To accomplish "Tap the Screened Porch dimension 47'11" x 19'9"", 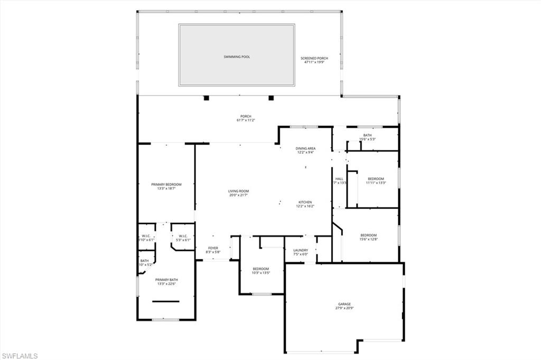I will pos(314,62).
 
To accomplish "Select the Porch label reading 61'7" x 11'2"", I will pos(246,120).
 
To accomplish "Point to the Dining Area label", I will pos(305,148).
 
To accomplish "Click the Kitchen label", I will pos(305,202).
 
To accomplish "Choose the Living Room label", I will pos(238,191).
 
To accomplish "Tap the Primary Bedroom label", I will pos(166,184).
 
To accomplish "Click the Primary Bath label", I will pos(166,280).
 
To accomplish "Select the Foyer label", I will pos(213,248).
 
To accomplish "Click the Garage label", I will pos(344,304).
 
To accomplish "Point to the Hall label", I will pos(339,179).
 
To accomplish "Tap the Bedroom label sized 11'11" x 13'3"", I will pos(376,178).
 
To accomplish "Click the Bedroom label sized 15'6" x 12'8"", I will pos(369,235).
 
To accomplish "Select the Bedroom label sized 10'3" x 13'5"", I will pos(260,269).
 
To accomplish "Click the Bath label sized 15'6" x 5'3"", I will pos(367,135).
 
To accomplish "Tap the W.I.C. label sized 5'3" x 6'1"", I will pos(183,236).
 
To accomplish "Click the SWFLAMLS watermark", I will pos(20,356).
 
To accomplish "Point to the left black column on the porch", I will pos(206,98).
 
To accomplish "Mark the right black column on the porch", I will pos(271,98).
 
